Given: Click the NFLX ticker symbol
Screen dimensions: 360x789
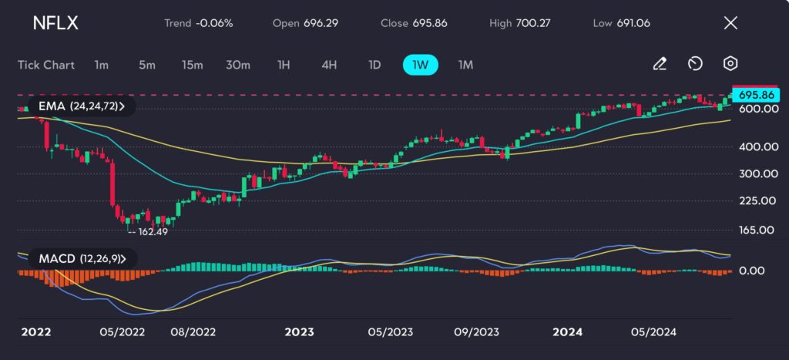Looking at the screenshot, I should point(55,23).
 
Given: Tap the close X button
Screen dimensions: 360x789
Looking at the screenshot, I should point(730,23).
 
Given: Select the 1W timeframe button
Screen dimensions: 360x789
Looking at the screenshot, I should point(420,65).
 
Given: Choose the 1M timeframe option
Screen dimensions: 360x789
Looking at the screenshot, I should point(465,65).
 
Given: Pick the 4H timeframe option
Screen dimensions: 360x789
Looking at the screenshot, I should point(329,65).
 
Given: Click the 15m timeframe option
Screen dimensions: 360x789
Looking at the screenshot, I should point(192,65).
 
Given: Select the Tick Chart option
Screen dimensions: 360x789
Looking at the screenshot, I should point(46,65).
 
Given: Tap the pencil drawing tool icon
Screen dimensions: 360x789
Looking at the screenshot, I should point(660,64).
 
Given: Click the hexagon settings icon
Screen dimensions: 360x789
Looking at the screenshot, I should point(730,64).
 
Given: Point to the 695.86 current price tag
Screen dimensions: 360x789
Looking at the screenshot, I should point(755,95).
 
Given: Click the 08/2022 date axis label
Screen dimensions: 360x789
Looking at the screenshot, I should point(193,332).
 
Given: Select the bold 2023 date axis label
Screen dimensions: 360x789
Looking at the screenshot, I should point(299,332).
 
